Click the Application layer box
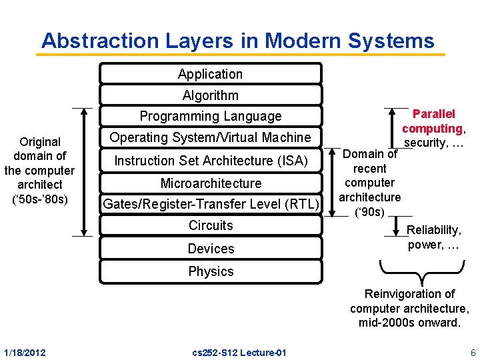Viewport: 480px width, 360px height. coord(210,74)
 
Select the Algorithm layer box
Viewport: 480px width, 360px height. coord(210,95)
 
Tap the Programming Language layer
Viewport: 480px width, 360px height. coord(210,116)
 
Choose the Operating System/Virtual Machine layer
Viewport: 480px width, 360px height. coord(210,137)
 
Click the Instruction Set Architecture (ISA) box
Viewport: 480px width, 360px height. coord(210,161)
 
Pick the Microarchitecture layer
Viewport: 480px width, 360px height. coord(210,183)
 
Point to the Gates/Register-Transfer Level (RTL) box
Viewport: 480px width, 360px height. coord(210,204)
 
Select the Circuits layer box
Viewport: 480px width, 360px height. coord(210,225)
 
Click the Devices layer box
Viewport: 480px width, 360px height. coord(210,249)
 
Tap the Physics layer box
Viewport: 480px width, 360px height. coord(210,271)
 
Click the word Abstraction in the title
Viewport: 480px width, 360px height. coord(91,41)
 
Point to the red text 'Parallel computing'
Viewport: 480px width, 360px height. coord(433,121)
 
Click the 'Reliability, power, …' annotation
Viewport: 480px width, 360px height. coord(433,237)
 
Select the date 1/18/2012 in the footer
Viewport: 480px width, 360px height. coord(25,352)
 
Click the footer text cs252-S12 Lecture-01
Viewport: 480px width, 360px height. coord(238,352)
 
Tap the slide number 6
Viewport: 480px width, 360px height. coord(472,352)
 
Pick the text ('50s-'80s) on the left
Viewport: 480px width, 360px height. coord(40,199)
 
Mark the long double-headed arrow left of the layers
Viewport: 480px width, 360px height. coord(83,171)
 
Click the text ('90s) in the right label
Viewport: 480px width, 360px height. coord(369,211)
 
